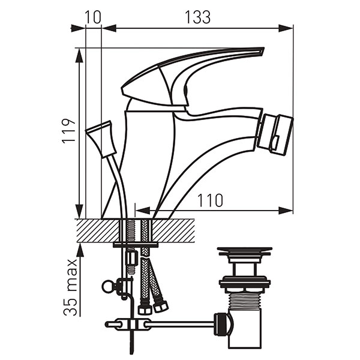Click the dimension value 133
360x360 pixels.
[197, 17]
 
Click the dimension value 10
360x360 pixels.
[93, 17]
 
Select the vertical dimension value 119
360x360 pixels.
[68, 131]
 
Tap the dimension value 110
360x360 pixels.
[210, 200]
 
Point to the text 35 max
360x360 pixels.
[70, 287]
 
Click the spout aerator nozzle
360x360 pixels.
[275, 133]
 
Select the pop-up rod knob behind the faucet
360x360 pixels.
[101, 139]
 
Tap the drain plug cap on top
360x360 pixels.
[245, 251]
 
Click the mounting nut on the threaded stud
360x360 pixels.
[132, 258]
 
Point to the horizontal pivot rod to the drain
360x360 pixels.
[179, 325]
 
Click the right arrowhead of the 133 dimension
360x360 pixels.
[286, 28]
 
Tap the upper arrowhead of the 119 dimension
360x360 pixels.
[79, 55]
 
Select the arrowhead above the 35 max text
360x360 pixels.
[79, 250]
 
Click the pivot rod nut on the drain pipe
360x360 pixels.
[223, 324]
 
